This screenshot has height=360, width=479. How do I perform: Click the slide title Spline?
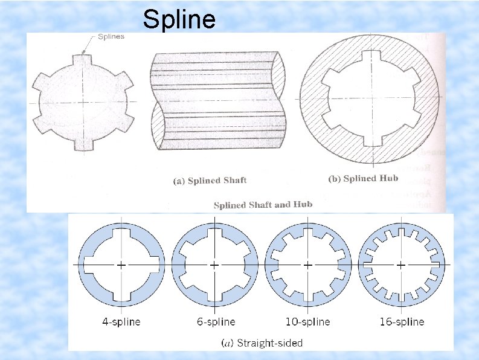179,20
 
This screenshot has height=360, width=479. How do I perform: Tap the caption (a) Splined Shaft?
209,180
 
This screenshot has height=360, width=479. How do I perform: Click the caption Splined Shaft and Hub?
263,205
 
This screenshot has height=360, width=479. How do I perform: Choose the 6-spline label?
215,321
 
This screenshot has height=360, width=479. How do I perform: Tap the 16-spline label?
401,321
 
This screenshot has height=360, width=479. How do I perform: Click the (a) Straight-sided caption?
263,343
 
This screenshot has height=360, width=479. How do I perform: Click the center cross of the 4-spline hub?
121,265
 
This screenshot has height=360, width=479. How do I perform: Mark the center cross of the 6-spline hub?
214,265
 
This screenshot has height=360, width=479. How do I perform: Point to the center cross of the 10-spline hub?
307,265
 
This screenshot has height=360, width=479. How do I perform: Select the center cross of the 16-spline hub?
400,265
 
